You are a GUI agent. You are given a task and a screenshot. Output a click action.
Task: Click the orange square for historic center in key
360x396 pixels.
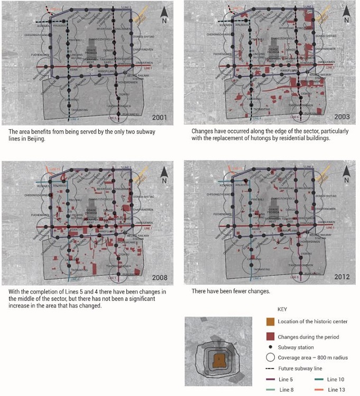pos(270,322)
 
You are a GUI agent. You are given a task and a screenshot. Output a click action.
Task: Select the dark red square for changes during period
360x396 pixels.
pos(270,336)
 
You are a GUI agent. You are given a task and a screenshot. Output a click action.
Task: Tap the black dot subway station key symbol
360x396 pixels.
pos(270,347)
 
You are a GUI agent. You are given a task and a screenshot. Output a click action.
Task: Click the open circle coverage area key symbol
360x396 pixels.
pos(270,357)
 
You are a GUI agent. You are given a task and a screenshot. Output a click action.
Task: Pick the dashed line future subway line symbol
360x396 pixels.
pos(270,368)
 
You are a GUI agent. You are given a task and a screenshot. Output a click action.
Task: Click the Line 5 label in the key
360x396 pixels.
pos(286,379)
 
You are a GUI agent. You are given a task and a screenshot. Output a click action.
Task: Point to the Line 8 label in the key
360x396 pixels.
pos(286,389)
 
